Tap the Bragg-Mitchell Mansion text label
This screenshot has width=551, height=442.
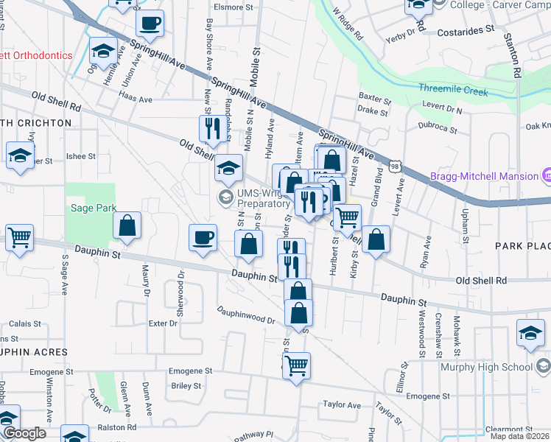click(483, 176)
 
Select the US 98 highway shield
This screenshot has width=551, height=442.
click(396, 169)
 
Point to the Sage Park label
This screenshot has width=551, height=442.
click(94, 208)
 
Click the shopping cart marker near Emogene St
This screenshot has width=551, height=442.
click(296, 365)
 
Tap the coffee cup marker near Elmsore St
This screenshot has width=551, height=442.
click(150, 22)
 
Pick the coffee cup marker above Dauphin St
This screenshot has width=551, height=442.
click(203, 237)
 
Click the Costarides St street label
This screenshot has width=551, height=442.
click(465, 32)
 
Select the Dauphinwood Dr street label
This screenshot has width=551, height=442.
click(245, 315)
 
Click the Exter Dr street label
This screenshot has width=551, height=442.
click(164, 323)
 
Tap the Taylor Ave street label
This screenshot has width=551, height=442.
click(342, 405)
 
